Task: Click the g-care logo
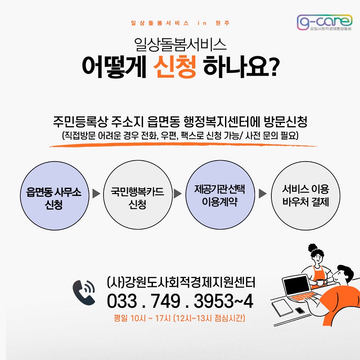pos(324,22)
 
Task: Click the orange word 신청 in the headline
pos(175,67)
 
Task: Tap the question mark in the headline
pos(274,67)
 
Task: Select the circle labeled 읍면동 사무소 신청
pos(54,196)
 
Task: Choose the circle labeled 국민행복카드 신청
pos(138,195)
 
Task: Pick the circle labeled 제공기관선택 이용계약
pos(220,195)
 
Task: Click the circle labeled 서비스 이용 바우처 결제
pos(306,196)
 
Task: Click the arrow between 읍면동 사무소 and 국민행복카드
pos(96,193)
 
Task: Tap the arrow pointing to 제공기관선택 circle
pos(178,193)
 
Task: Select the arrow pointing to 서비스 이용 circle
pos(263,193)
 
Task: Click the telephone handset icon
pos(84,292)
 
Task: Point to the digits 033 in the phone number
pos(122,301)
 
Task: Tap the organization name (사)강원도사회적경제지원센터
pos(181,282)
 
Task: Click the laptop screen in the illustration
pos(297,286)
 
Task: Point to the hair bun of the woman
pos(312,248)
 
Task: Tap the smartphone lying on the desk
pos(300,310)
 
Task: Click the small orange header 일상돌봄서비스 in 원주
pos(180,23)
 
